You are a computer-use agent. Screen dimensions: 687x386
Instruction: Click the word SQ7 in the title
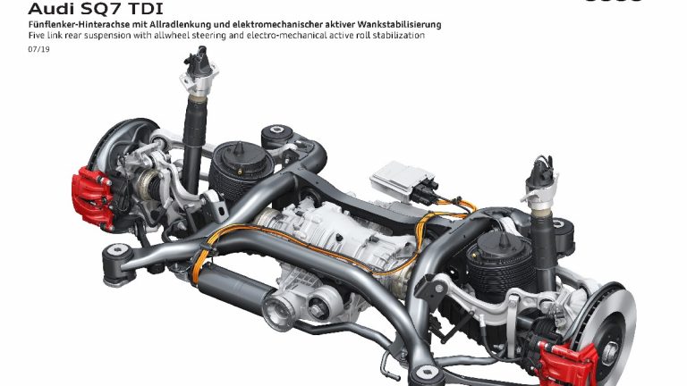coord(101,8)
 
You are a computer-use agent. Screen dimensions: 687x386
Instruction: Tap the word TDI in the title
coord(146,8)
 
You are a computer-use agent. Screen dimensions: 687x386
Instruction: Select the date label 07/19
coord(39,49)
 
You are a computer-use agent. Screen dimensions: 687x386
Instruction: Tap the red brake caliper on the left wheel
coord(92,197)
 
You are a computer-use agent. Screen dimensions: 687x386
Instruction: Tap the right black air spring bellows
coord(499,263)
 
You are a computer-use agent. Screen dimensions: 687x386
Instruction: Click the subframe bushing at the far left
coord(117,261)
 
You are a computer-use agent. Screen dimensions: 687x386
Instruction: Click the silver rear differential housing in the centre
coord(333,232)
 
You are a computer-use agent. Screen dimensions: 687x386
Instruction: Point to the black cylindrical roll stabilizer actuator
coord(236,282)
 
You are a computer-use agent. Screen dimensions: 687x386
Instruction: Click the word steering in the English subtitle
coord(208,36)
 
